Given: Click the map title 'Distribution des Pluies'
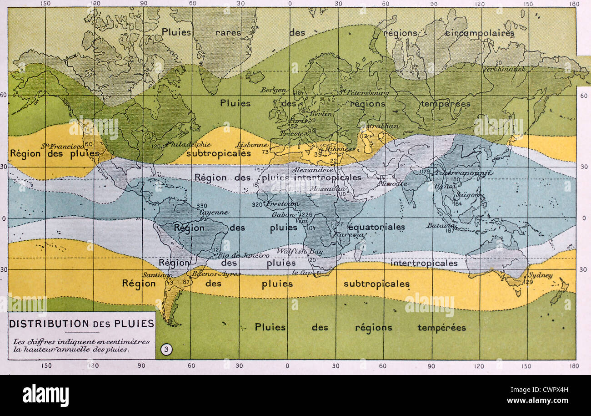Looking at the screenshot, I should click(82, 324).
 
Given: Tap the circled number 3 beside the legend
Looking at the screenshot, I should click(167, 350).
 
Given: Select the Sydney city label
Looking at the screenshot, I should click(541, 275).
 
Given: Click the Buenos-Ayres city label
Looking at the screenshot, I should click(210, 274).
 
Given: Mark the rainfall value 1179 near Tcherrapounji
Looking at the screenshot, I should click(425, 172).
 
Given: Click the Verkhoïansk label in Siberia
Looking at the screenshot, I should click(501, 69).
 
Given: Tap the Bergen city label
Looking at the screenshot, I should click(273, 90).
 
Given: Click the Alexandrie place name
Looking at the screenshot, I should click(310, 169).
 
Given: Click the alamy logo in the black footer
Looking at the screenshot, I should click(45, 395).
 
